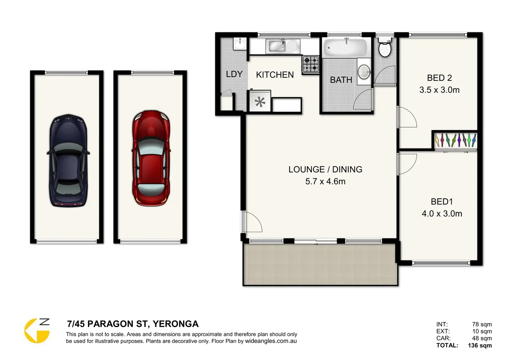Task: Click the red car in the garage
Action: (x=152, y=158)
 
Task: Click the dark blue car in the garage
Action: (x=68, y=160)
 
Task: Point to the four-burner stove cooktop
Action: (x=310, y=64)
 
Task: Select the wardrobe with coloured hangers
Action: (x=456, y=140)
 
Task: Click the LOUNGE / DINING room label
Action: (x=325, y=169)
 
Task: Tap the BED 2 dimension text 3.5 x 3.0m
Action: (x=439, y=90)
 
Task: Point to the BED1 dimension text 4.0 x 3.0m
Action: (x=442, y=214)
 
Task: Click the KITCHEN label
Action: (x=275, y=75)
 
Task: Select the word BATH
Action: (x=341, y=80)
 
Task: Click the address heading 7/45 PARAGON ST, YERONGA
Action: (x=133, y=324)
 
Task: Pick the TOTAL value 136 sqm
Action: (x=480, y=345)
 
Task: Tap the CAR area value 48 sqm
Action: (x=482, y=338)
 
